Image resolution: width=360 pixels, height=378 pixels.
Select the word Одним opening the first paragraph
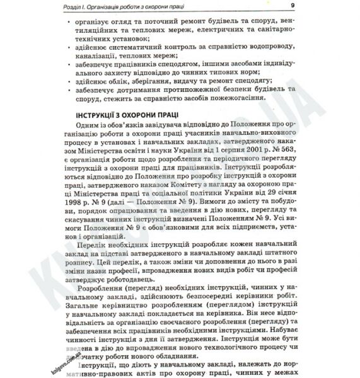[96, 125]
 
